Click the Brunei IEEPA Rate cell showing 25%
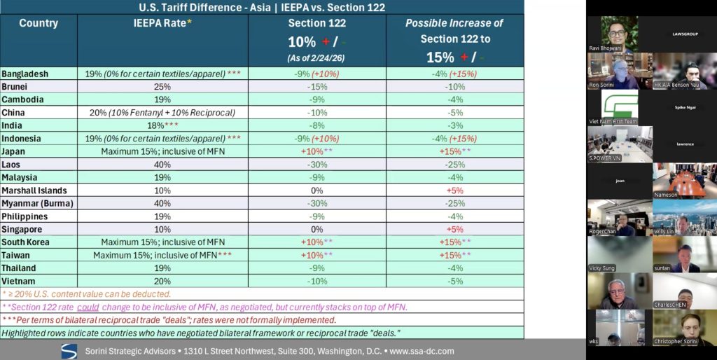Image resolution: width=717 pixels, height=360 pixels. coord(162,86)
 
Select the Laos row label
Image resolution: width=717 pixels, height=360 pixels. coord(13,164)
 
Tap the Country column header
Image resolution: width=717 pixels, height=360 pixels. coord(39,23)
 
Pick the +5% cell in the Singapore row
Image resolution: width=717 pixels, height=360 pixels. coord(454,229)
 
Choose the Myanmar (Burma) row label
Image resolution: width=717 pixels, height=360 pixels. coord(33,203)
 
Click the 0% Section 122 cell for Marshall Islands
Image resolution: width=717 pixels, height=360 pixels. coord(316,190)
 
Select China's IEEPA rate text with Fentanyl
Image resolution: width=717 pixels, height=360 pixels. coord(162,112)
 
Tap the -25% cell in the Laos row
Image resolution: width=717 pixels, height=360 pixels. coord(454,164)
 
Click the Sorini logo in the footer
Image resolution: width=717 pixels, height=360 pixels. coord(69,350)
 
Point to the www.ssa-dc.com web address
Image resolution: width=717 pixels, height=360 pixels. coord(422,351)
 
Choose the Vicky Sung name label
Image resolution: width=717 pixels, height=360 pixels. coord(604,268)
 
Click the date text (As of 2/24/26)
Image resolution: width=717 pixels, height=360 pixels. coord(316,57)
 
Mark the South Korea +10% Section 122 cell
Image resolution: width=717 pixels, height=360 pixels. coord(316,242)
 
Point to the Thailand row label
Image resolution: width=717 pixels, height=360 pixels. coord(19,268)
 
